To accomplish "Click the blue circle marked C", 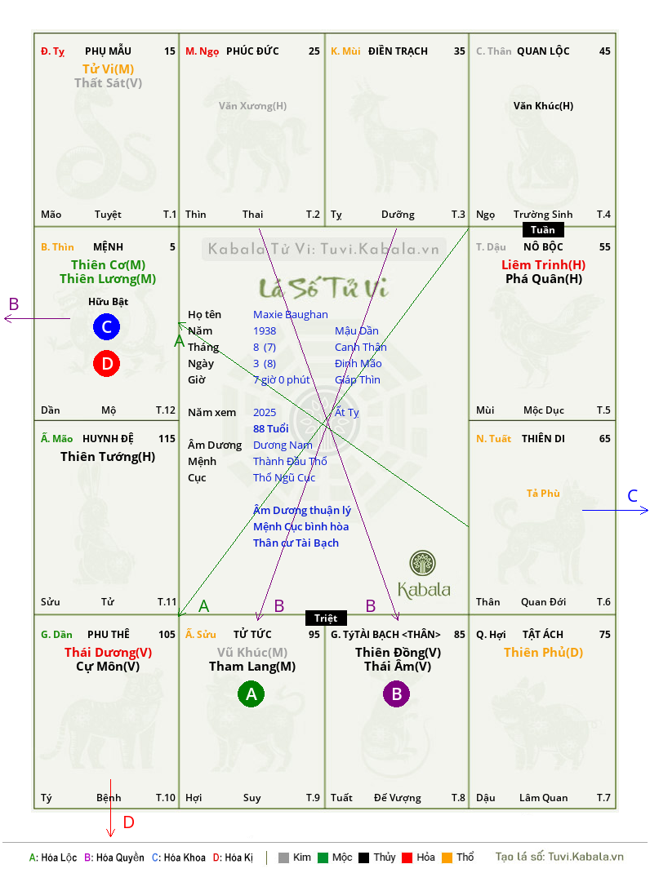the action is (106, 327).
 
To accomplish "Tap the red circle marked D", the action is (106, 364).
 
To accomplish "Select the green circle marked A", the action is (252, 694).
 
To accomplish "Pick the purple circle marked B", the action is (396, 694).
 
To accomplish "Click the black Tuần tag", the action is (543, 230).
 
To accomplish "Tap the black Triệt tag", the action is (326, 618).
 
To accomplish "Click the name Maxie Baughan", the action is (291, 315).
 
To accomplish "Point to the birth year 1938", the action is (265, 330).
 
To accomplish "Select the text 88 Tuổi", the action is (271, 428).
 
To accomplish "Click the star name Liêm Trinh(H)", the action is (544, 265).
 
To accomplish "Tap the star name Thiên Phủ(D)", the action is (544, 653).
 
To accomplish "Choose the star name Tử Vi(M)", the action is (108, 69).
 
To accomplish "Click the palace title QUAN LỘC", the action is (543, 51).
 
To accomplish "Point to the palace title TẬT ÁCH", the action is (542, 634).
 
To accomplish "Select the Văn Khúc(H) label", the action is (544, 106).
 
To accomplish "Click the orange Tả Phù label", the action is (543, 494).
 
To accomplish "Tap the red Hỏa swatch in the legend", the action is (407, 857).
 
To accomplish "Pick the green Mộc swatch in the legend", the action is (323, 857).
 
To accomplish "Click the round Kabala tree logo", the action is (422, 563).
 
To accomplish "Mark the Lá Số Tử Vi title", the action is (323, 288).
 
